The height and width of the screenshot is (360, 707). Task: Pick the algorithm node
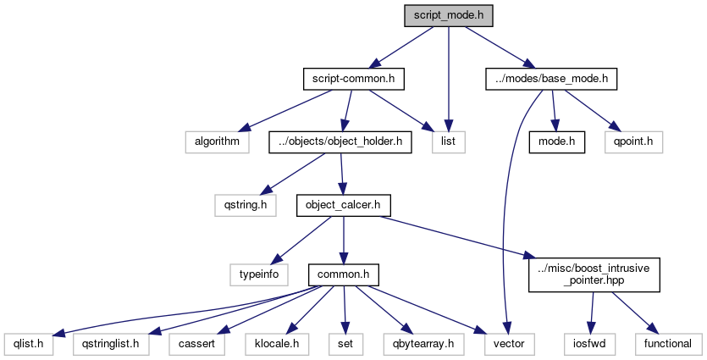pyautogui.click(x=218, y=141)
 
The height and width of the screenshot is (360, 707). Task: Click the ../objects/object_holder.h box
pyautogui.click(x=340, y=141)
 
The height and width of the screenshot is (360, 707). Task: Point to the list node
pyautogui.click(x=448, y=141)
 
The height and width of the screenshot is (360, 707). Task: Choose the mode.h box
pyautogui.click(x=557, y=141)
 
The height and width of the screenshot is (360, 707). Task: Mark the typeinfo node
pyautogui.click(x=258, y=274)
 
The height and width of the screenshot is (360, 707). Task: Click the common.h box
pyautogui.click(x=342, y=274)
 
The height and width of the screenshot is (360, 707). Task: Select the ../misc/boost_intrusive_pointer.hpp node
pyautogui.click(x=594, y=274)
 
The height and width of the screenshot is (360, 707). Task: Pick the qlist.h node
pyautogui.click(x=28, y=344)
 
